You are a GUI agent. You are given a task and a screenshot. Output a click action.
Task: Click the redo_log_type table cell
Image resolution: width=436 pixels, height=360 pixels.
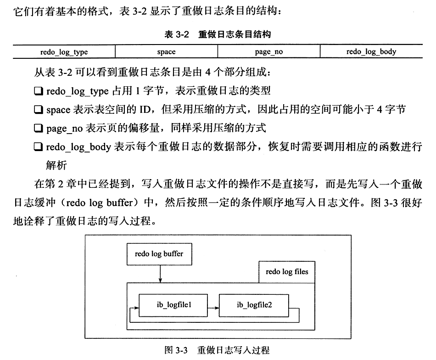(64, 52)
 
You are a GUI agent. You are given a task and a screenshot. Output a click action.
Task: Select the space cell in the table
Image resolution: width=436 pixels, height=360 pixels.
(166, 52)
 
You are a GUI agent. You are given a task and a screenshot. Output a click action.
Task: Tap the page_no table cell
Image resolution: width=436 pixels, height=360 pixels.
(268, 52)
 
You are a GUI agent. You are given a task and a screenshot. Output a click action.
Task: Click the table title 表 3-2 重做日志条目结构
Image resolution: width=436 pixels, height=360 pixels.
(218, 34)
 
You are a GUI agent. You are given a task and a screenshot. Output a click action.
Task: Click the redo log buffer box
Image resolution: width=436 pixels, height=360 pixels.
(159, 254)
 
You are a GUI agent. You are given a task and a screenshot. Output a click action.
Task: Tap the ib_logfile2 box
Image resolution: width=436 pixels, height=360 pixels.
(254, 305)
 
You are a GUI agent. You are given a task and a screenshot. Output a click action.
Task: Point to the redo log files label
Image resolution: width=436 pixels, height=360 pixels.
(287, 272)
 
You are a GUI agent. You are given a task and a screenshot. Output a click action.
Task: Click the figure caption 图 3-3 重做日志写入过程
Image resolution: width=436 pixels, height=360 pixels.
(217, 350)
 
